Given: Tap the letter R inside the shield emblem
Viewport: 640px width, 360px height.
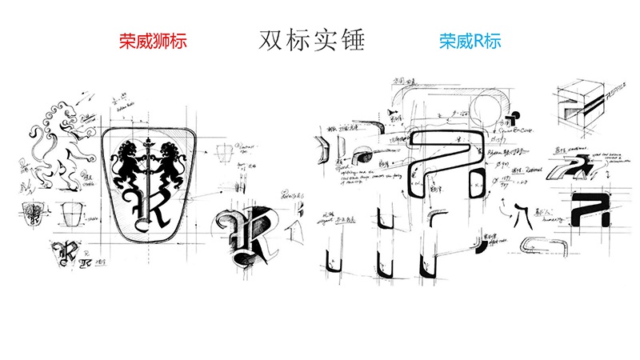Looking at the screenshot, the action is tap(150, 204).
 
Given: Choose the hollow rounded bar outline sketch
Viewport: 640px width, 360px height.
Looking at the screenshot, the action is tap(536, 244).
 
